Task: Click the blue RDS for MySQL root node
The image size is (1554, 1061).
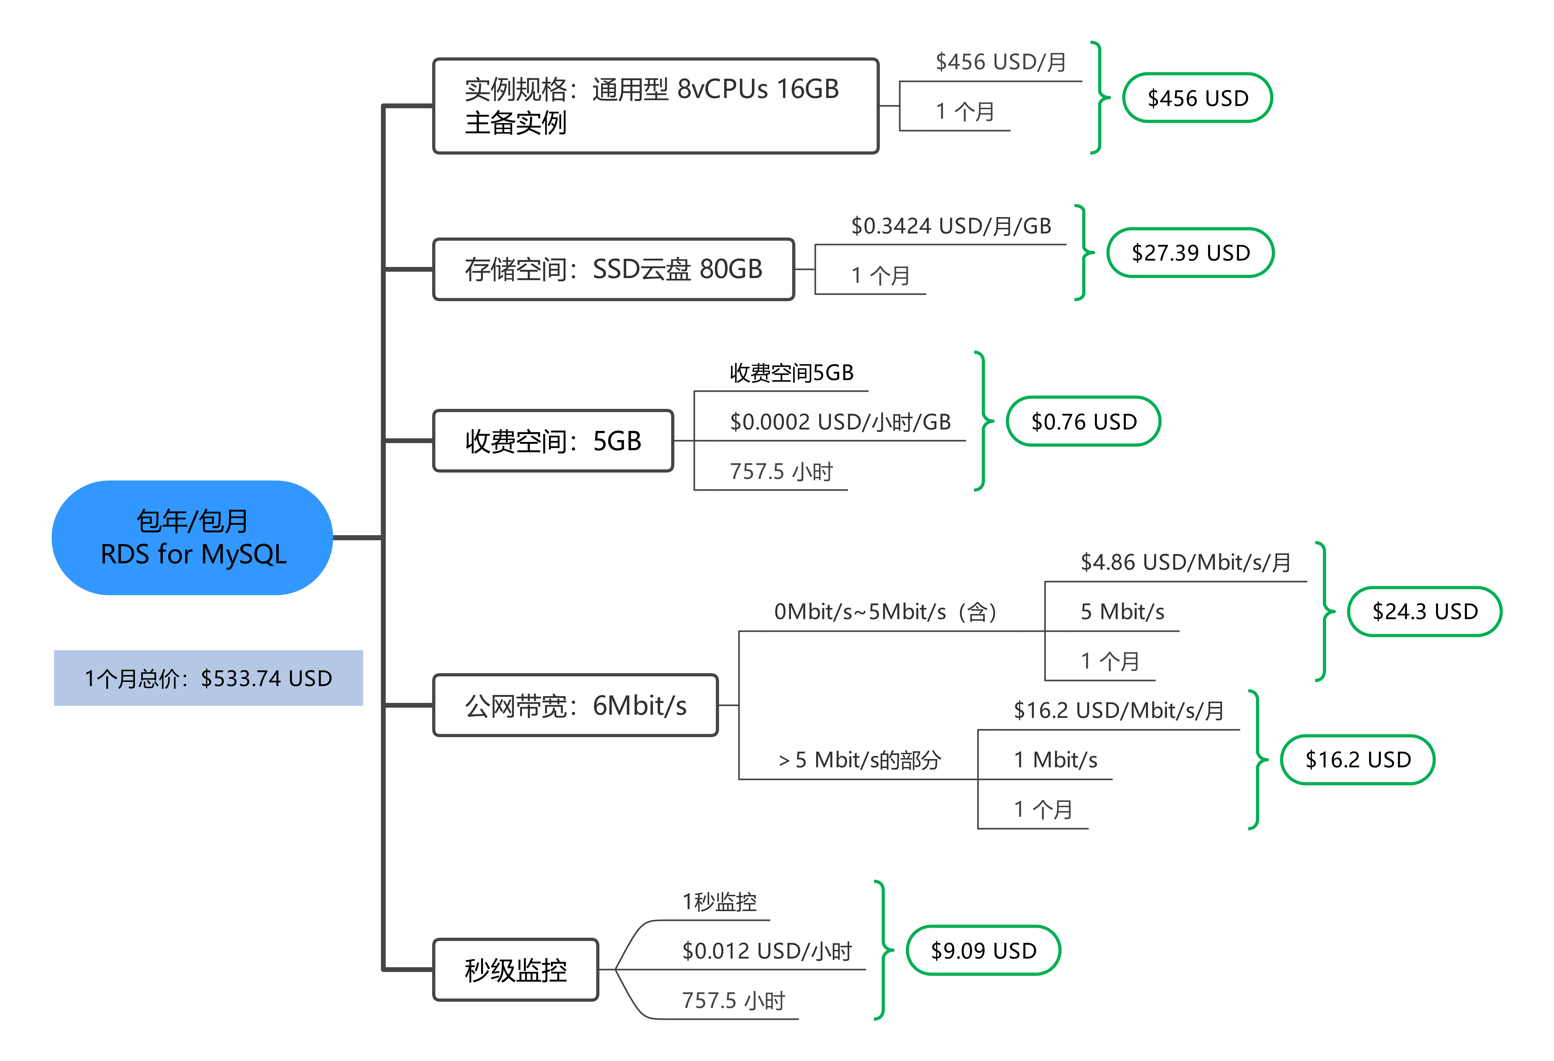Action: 193,538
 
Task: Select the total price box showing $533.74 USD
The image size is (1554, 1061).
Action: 209,678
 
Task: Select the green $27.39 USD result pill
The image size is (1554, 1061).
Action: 1191,253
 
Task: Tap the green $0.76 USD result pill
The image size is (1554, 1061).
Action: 1084,421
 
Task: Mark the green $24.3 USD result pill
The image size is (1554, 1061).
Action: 1425,611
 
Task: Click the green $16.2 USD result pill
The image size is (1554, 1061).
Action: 1358,759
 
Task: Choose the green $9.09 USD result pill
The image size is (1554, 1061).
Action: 984,950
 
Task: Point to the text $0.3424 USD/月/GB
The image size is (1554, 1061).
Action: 951,226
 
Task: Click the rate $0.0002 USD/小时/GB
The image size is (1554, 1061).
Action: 841,422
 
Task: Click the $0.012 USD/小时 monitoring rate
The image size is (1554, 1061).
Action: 767,951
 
